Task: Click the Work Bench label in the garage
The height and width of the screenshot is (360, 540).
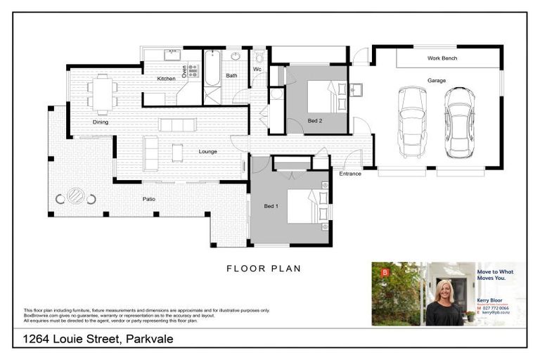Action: click(x=442, y=58)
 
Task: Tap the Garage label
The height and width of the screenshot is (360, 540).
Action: click(x=436, y=81)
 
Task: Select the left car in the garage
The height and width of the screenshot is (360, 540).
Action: click(x=411, y=122)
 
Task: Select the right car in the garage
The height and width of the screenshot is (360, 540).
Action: click(x=458, y=122)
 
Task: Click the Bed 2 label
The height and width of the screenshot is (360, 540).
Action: click(x=316, y=121)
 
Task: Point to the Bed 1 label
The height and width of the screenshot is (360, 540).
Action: click(x=271, y=206)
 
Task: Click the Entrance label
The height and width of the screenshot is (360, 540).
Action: click(x=349, y=174)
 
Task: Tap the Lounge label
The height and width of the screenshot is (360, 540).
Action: click(x=207, y=151)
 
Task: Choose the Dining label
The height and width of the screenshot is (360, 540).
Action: click(x=101, y=122)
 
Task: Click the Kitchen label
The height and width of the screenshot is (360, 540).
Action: click(x=166, y=78)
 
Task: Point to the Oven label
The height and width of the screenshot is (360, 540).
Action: click(x=185, y=71)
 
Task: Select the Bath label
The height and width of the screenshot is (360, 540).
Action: click(x=231, y=75)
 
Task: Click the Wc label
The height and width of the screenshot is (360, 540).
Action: click(x=257, y=70)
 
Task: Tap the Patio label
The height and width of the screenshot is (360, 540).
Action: click(x=148, y=199)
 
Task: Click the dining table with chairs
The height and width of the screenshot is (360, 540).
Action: click(x=103, y=94)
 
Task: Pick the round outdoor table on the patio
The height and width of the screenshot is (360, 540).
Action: click(x=76, y=197)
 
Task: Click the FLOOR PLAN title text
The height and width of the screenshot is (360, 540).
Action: click(x=263, y=268)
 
